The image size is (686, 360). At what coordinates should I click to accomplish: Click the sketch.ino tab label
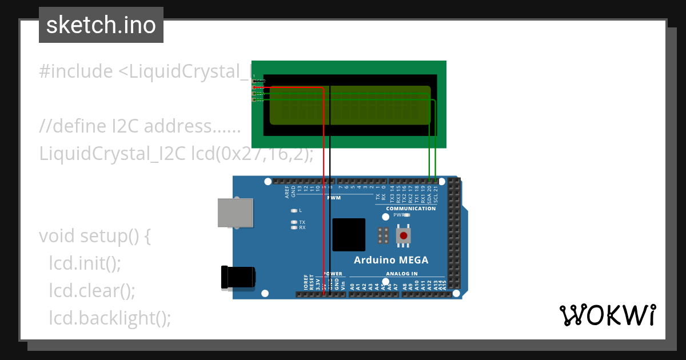101,25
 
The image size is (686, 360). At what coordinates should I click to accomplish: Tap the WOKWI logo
607,315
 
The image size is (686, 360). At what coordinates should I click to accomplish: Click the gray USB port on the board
236,213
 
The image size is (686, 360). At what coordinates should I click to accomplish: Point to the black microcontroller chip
349,234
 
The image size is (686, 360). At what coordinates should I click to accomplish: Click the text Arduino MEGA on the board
391,261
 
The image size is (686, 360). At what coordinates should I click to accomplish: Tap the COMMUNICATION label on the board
410,209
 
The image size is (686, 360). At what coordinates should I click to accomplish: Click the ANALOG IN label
402,274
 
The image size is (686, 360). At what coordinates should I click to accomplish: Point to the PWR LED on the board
407,215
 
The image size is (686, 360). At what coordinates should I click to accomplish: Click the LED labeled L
294,210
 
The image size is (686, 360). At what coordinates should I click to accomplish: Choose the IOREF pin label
306,282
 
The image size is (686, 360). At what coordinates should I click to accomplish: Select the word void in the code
57,236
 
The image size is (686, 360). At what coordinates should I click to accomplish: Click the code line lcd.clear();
92,291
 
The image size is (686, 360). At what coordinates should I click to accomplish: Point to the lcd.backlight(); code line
110,318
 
